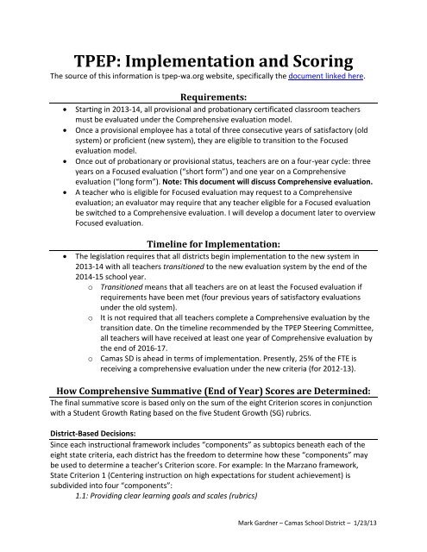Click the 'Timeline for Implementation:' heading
[x=213, y=244]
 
